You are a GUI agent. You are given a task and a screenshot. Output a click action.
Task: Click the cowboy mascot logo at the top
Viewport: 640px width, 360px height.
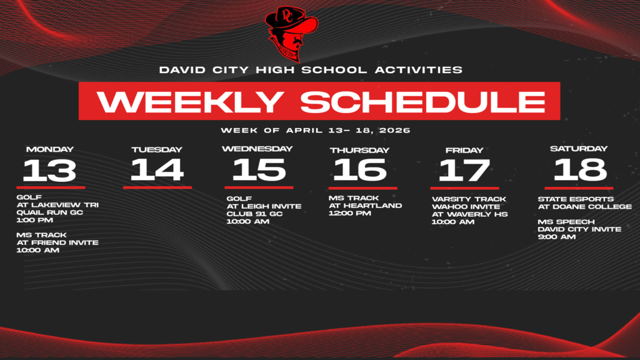pyautogui.click(x=291, y=32)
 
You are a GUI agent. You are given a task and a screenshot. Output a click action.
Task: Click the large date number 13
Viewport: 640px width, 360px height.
pyautogui.click(x=50, y=170)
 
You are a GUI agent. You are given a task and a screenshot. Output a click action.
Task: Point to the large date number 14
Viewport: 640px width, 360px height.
pyautogui.click(x=157, y=170)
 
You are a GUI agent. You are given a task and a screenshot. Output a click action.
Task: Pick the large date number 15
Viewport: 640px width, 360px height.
pyautogui.click(x=258, y=170)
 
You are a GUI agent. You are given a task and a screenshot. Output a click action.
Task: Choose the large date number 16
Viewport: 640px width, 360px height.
pyautogui.click(x=360, y=170)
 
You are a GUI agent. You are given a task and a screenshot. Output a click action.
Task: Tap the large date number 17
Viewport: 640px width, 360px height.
pyautogui.click(x=464, y=170)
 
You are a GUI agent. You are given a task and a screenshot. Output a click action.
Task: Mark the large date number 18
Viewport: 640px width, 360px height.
pyautogui.click(x=579, y=169)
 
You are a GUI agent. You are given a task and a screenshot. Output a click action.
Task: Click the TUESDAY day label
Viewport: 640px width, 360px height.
pyautogui.click(x=157, y=150)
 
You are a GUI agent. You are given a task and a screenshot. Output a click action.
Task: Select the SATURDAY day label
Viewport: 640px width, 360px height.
pyautogui.click(x=579, y=149)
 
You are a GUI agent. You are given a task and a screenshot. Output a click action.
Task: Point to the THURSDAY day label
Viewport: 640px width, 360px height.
pyautogui.click(x=359, y=150)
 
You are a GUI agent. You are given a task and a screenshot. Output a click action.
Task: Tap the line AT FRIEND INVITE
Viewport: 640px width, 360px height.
pyautogui.click(x=57, y=242)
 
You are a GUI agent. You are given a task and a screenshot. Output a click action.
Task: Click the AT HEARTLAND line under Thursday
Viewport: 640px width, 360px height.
pyautogui.click(x=365, y=206)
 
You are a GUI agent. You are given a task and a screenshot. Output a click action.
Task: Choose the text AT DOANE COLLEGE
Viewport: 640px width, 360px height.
pyautogui.click(x=584, y=207)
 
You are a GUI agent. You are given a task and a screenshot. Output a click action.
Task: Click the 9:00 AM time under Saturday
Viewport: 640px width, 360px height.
pyautogui.click(x=556, y=237)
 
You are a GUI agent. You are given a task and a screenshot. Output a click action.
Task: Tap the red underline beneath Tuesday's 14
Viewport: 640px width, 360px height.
pyautogui.click(x=157, y=187)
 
